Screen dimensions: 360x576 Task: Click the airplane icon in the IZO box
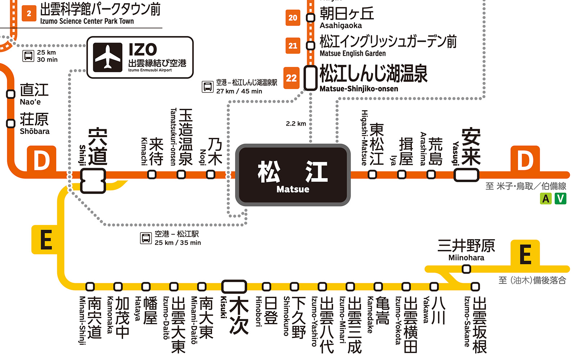click(x=108, y=57)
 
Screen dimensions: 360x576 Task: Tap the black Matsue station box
click(x=293, y=175)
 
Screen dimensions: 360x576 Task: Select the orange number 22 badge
click(x=291, y=78)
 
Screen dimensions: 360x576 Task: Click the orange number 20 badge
click(x=293, y=18)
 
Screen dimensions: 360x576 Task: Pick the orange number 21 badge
click(x=293, y=46)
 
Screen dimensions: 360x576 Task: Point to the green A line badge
click(x=546, y=198)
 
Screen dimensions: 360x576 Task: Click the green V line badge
click(x=560, y=198)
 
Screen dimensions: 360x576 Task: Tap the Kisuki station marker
click(x=234, y=287)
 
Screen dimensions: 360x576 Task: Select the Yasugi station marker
click(x=466, y=175)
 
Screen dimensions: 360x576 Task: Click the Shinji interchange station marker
click(x=93, y=181)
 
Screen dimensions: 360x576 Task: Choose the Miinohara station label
click(x=466, y=250)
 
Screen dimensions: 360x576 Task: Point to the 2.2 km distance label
click(x=296, y=123)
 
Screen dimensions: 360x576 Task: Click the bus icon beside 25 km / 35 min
click(x=146, y=238)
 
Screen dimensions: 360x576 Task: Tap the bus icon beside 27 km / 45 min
click(x=208, y=87)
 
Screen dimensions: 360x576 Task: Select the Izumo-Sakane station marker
click(x=475, y=287)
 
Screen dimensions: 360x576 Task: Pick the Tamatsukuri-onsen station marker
click(x=181, y=175)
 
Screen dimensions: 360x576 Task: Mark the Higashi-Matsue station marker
click(x=373, y=175)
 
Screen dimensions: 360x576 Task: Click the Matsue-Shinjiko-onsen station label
click(x=373, y=78)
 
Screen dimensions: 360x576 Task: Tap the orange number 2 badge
click(x=29, y=14)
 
